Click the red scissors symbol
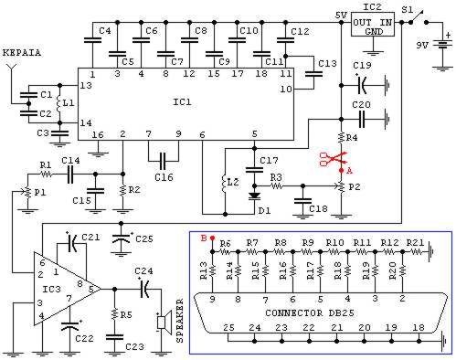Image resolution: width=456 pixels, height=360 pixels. tap(333, 158)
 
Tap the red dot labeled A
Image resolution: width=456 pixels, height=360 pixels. tap(342, 170)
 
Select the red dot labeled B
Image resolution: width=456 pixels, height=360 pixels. tap(213, 238)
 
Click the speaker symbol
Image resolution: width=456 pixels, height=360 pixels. tap(164, 322)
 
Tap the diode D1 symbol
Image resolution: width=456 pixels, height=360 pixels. tap(254, 196)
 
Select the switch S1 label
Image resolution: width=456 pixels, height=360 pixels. tap(407, 10)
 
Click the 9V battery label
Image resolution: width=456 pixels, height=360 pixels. tap(422, 46)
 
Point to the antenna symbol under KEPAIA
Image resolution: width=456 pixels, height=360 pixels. tap(11, 69)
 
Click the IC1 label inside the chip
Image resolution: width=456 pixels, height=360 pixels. tap(182, 101)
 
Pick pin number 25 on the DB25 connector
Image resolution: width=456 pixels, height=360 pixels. tap(228, 328)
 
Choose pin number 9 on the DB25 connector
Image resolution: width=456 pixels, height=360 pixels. tap(212, 299)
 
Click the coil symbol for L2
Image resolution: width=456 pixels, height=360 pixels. tap(225, 184)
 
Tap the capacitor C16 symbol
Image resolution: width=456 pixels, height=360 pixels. tap(164, 161)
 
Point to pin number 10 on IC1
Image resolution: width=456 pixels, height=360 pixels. tap(286, 89)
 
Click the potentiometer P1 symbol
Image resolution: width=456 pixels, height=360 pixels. tap(28, 192)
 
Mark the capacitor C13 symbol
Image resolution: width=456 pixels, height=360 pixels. tap(313, 74)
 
